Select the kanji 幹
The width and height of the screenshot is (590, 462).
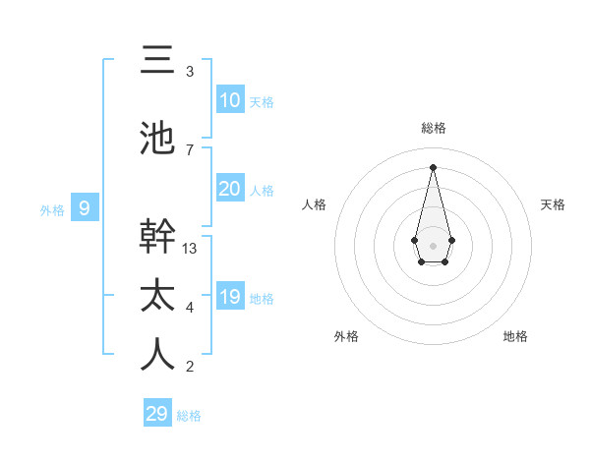point(157,237)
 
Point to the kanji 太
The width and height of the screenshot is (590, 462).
point(157,296)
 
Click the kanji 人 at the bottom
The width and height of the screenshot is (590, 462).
point(157,355)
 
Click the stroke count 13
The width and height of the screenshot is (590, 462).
point(190,249)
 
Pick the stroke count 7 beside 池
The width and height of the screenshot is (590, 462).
point(190,150)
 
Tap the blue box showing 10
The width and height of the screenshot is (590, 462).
point(230,100)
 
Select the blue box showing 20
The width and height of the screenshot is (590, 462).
point(230,189)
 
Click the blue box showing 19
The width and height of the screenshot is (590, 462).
point(230,297)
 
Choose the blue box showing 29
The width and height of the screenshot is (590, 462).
point(157,413)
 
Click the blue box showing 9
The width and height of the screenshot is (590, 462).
point(86,208)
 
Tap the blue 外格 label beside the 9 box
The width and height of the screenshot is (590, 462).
point(51,209)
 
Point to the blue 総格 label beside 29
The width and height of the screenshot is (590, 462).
point(189,415)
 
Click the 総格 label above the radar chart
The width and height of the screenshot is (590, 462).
point(433,128)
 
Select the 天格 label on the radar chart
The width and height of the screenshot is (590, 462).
point(553,204)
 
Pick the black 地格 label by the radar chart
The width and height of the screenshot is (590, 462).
point(515,336)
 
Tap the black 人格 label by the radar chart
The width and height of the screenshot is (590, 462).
point(315,204)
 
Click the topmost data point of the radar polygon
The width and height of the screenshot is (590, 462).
point(433,166)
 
